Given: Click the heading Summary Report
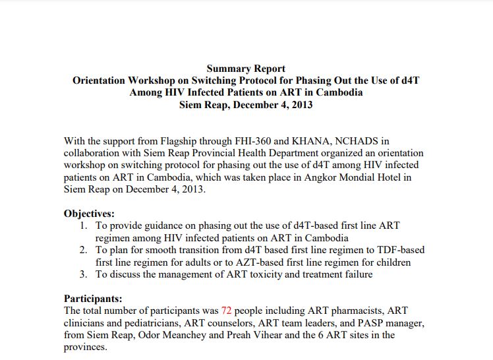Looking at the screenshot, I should [246, 69].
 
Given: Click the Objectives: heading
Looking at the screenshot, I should [89, 214].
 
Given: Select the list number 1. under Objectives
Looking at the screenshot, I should [84, 225].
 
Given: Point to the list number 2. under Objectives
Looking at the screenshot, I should [84, 250].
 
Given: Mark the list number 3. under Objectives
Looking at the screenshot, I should [84, 274].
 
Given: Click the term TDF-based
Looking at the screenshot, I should [399, 250].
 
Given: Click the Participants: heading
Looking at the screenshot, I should [93, 298].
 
